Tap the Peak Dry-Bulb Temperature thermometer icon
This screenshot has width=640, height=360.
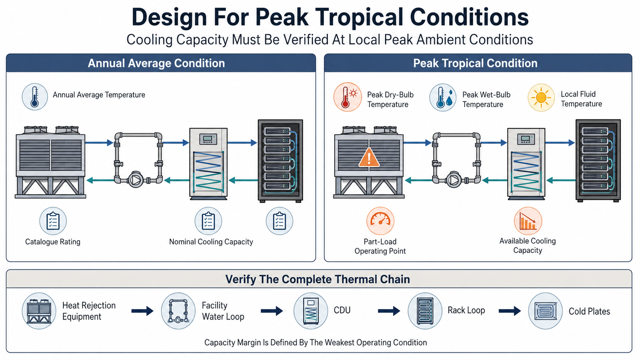(x=348, y=97)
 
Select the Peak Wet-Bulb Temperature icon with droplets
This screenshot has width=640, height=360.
(x=443, y=97)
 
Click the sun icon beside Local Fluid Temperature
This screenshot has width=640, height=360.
(x=541, y=97)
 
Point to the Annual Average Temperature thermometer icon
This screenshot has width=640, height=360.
(x=35, y=97)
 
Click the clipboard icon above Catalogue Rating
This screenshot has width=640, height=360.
(x=53, y=221)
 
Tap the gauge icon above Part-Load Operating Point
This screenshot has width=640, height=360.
(x=380, y=221)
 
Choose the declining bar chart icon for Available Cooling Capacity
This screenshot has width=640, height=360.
(x=528, y=221)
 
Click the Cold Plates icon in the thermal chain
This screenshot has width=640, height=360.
(x=545, y=311)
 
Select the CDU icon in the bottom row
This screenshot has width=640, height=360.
(x=310, y=311)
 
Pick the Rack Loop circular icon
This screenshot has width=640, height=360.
(x=425, y=311)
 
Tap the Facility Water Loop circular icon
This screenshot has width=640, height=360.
(x=178, y=311)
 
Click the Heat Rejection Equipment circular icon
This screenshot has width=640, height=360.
(x=39, y=311)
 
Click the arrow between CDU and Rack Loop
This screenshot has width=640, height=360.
(x=389, y=311)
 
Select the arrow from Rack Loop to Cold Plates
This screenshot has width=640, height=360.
(x=509, y=311)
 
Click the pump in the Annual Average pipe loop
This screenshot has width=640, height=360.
(x=136, y=180)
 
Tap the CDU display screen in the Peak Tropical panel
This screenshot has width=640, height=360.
(x=525, y=139)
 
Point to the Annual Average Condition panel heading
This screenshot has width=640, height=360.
(x=156, y=63)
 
